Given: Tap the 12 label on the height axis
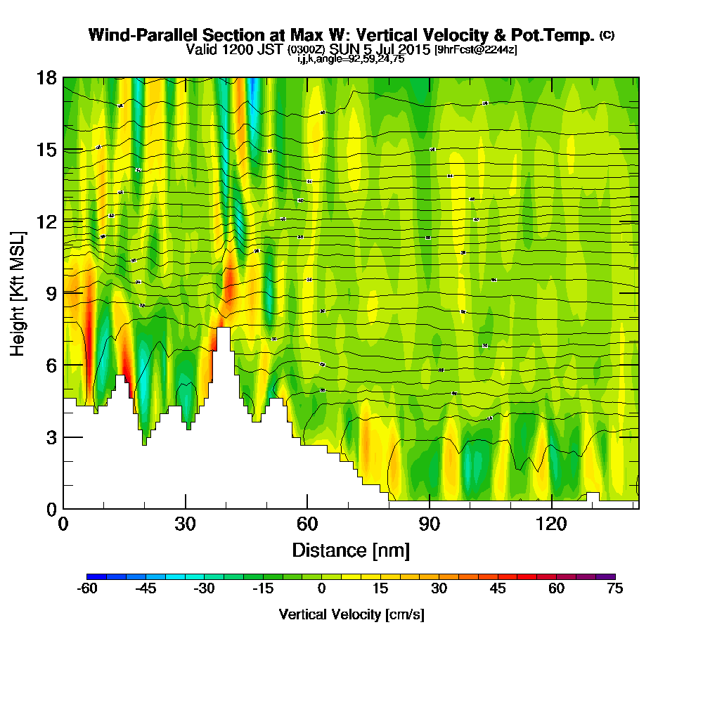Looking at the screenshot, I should (x=46, y=221).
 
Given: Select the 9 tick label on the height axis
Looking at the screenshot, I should (x=51, y=292).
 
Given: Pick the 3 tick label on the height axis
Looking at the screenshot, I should (x=51, y=437).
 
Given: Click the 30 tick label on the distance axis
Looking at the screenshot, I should (x=186, y=524).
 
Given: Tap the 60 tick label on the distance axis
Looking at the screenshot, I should (x=307, y=524).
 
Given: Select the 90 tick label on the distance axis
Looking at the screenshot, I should (x=430, y=524).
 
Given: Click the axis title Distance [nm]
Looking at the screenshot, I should (x=351, y=549).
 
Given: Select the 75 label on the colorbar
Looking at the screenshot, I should (x=614, y=589).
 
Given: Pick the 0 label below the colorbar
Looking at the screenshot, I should (x=321, y=589).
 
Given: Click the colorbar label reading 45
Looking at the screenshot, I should (x=497, y=589).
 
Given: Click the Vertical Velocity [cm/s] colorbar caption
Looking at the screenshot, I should (x=351, y=614).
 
